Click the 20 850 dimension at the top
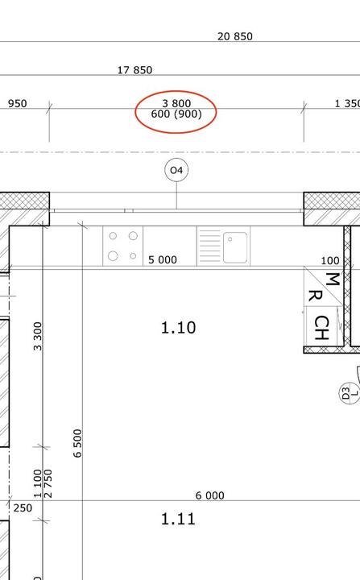point(235,36)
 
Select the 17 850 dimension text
point(134,70)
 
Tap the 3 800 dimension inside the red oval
point(176,103)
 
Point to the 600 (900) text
point(176,114)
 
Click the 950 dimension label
point(18,103)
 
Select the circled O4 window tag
point(176,170)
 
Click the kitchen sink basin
point(235,247)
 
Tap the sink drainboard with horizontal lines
point(209,246)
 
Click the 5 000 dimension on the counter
point(163,259)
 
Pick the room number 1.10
point(178,328)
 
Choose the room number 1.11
point(178,519)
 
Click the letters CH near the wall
point(321,328)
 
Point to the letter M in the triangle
point(333,280)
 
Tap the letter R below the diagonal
point(315,296)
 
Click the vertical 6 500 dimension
point(77,443)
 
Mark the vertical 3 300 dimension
point(38,336)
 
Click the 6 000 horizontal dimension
point(209,495)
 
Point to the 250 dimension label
point(23,507)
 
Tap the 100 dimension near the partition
point(330,261)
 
